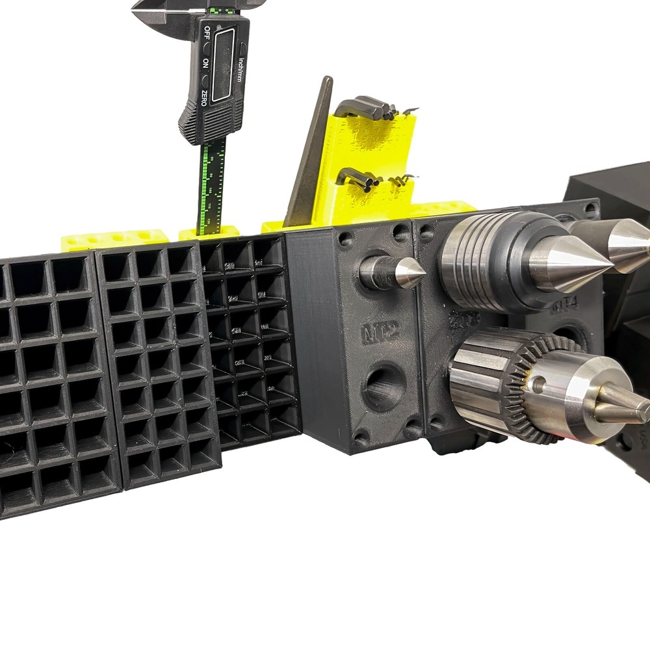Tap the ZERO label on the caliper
(204, 98)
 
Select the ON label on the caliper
(206, 63)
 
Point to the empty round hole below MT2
(383, 387)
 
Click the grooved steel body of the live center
(471, 257)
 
